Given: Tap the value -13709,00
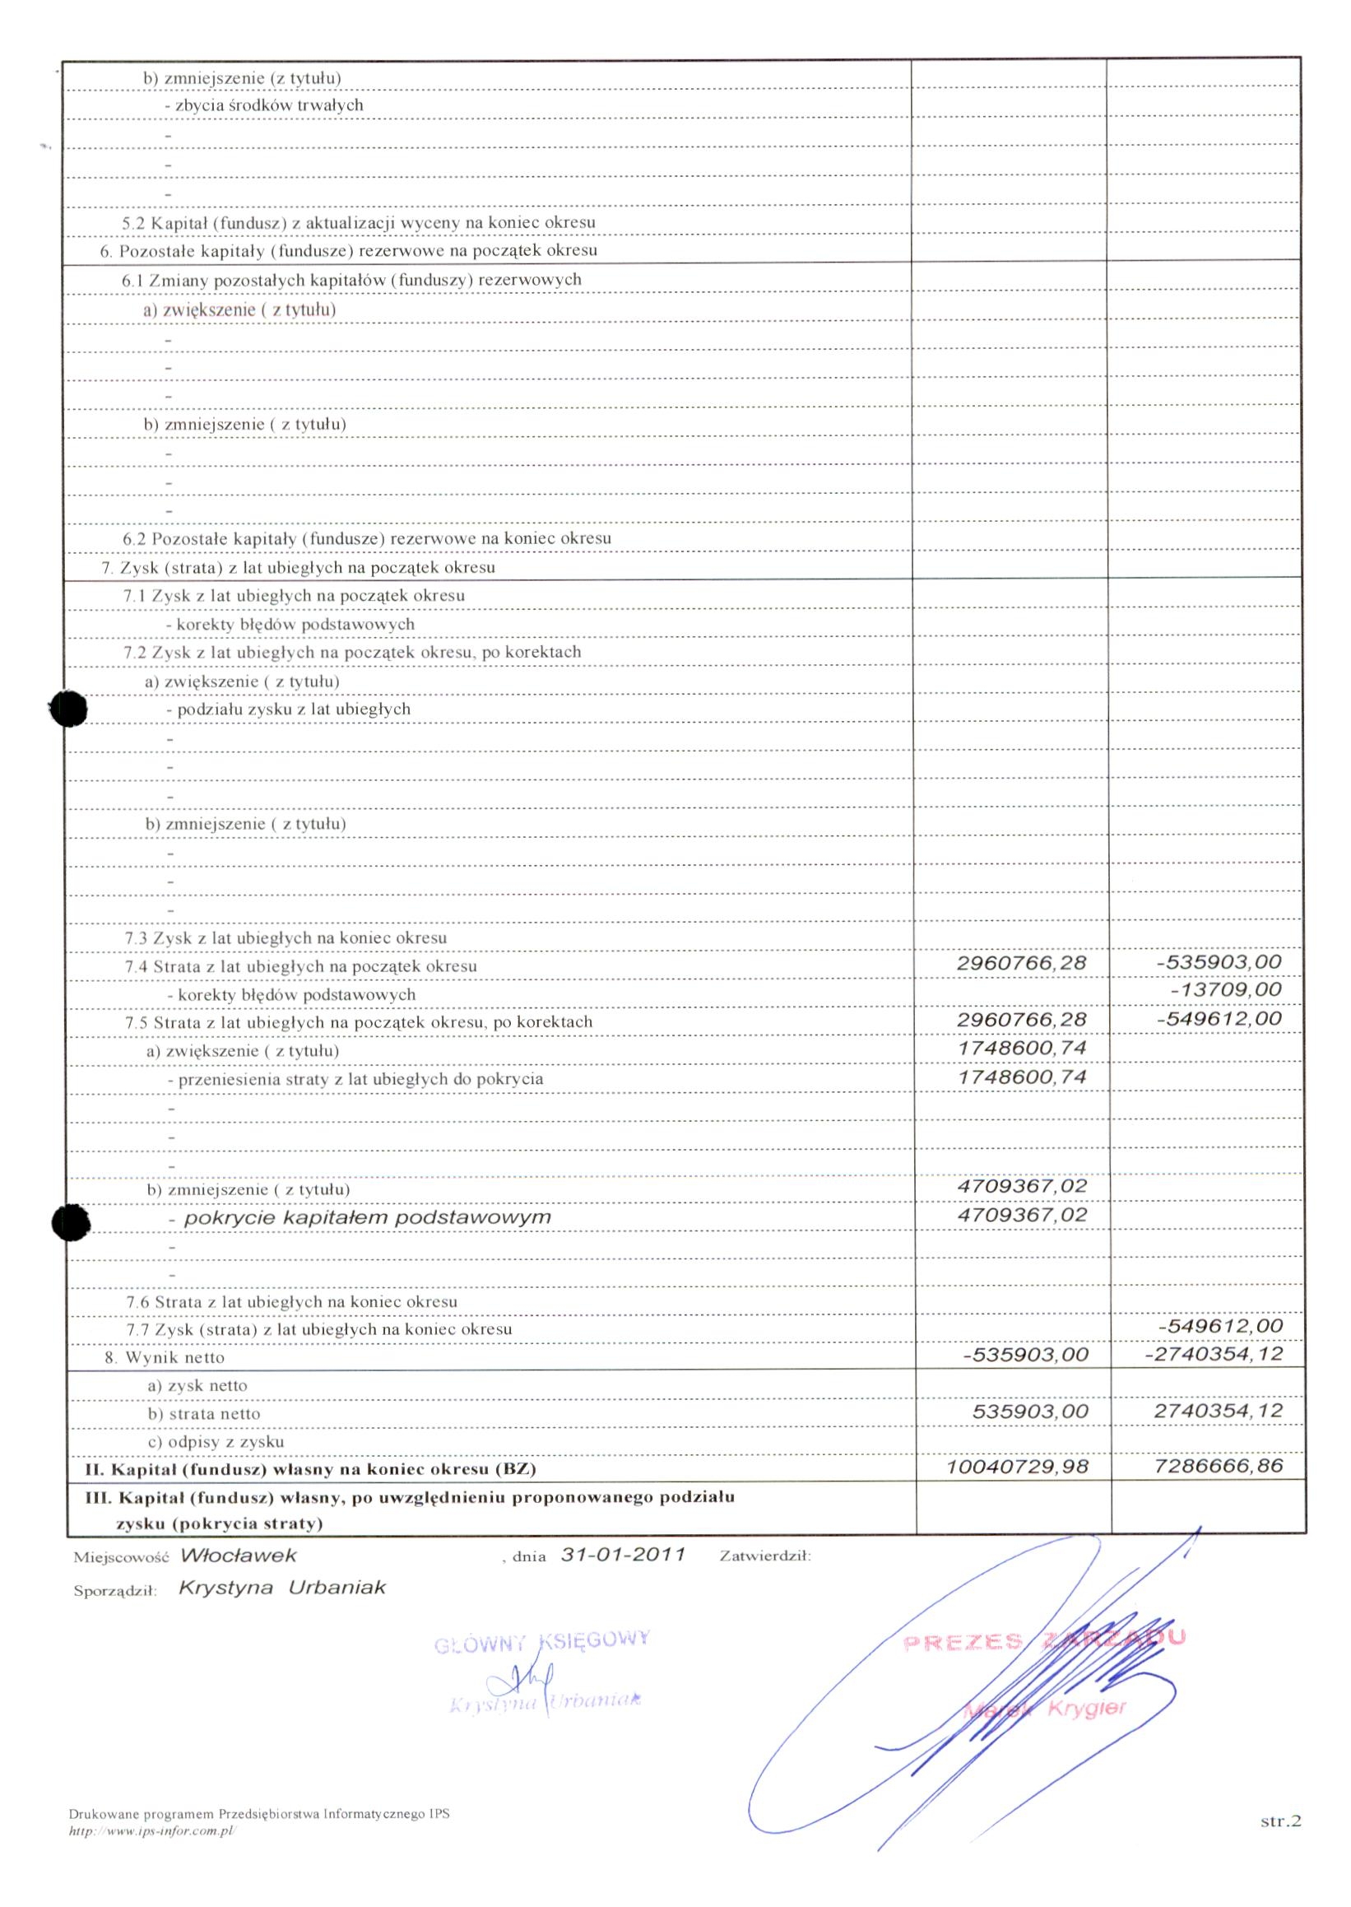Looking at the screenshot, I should click(x=1225, y=989).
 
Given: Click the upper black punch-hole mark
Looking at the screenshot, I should click(x=68, y=709).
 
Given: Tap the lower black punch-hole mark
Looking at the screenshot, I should click(x=70, y=1222).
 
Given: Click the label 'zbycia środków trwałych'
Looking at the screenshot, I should click(x=269, y=105).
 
